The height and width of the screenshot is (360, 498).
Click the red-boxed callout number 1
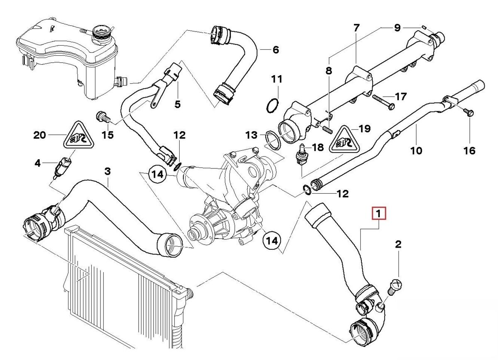coord(379,214)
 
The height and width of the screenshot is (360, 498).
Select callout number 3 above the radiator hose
coord(107,171)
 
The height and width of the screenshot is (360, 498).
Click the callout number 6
coord(276,50)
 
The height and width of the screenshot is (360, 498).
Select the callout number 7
coord(356,28)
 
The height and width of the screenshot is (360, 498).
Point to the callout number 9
coord(397,28)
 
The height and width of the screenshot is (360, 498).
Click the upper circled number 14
coord(157,175)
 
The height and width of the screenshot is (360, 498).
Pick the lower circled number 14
coord(272,240)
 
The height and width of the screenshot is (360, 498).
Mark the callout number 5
coord(178,104)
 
